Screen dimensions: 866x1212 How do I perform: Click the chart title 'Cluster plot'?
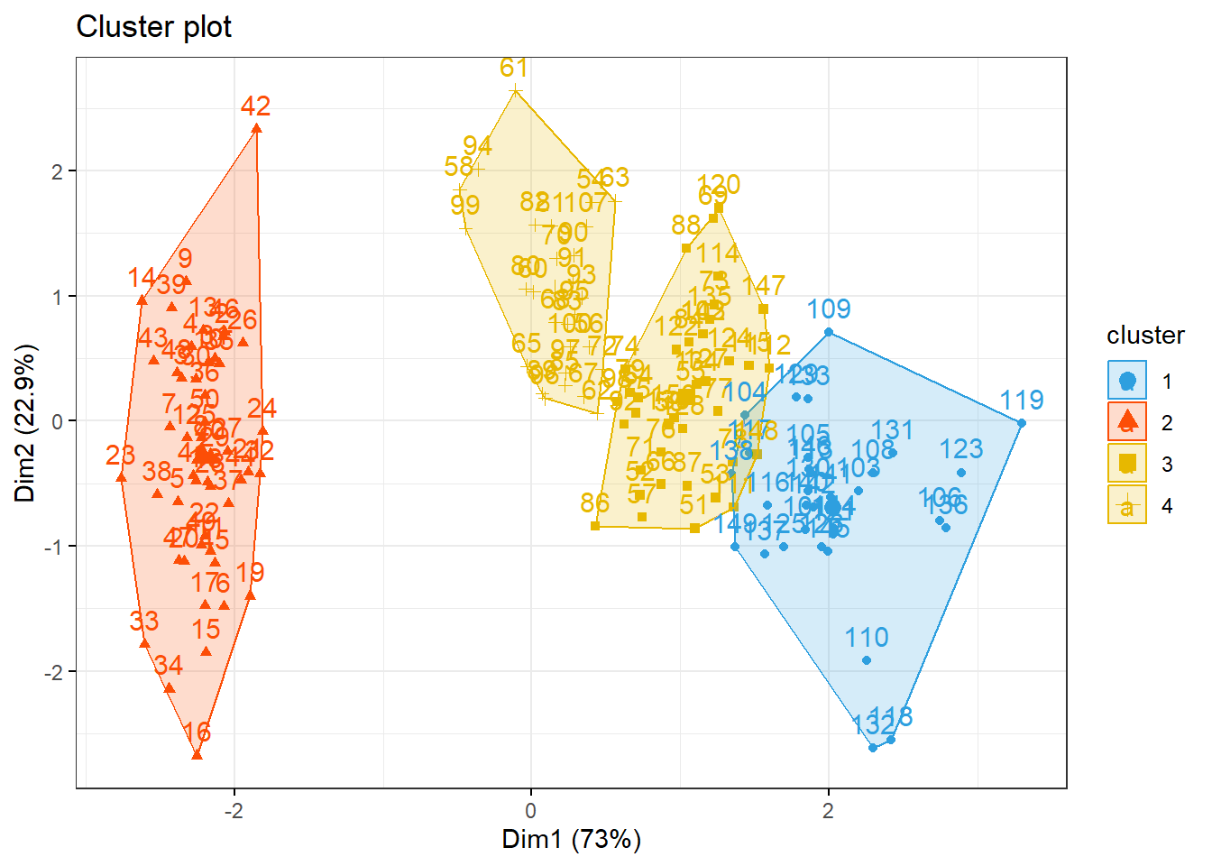point(153,27)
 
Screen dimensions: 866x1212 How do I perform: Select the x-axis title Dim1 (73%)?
point(571,840)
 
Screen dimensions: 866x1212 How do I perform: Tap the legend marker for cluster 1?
point(1126,381)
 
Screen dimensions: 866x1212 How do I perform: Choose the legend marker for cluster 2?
point(1126,422)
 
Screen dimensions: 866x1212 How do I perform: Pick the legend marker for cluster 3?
point(1126,464)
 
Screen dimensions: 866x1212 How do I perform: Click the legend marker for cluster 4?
point(1126,505)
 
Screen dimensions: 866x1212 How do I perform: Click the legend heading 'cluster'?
point(1145,336)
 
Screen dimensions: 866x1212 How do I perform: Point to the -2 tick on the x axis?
point(234,810)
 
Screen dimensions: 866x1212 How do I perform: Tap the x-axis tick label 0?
point(531,810)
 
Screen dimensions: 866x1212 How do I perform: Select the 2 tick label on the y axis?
point(57,171)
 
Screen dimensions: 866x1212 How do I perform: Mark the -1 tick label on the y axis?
point(53,547)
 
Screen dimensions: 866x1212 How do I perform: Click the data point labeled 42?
point(256,129)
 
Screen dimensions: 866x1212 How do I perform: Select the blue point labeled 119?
point(1021,423)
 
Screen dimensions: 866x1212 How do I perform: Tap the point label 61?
point(514,69)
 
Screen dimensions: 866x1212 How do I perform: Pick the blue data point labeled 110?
point(867,660)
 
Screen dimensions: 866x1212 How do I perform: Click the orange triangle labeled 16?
point(197,754)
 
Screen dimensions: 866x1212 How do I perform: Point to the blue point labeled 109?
point(829,333)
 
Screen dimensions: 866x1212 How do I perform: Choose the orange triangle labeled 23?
point(122,477)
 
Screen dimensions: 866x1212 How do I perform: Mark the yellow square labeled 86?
point(595,526)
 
